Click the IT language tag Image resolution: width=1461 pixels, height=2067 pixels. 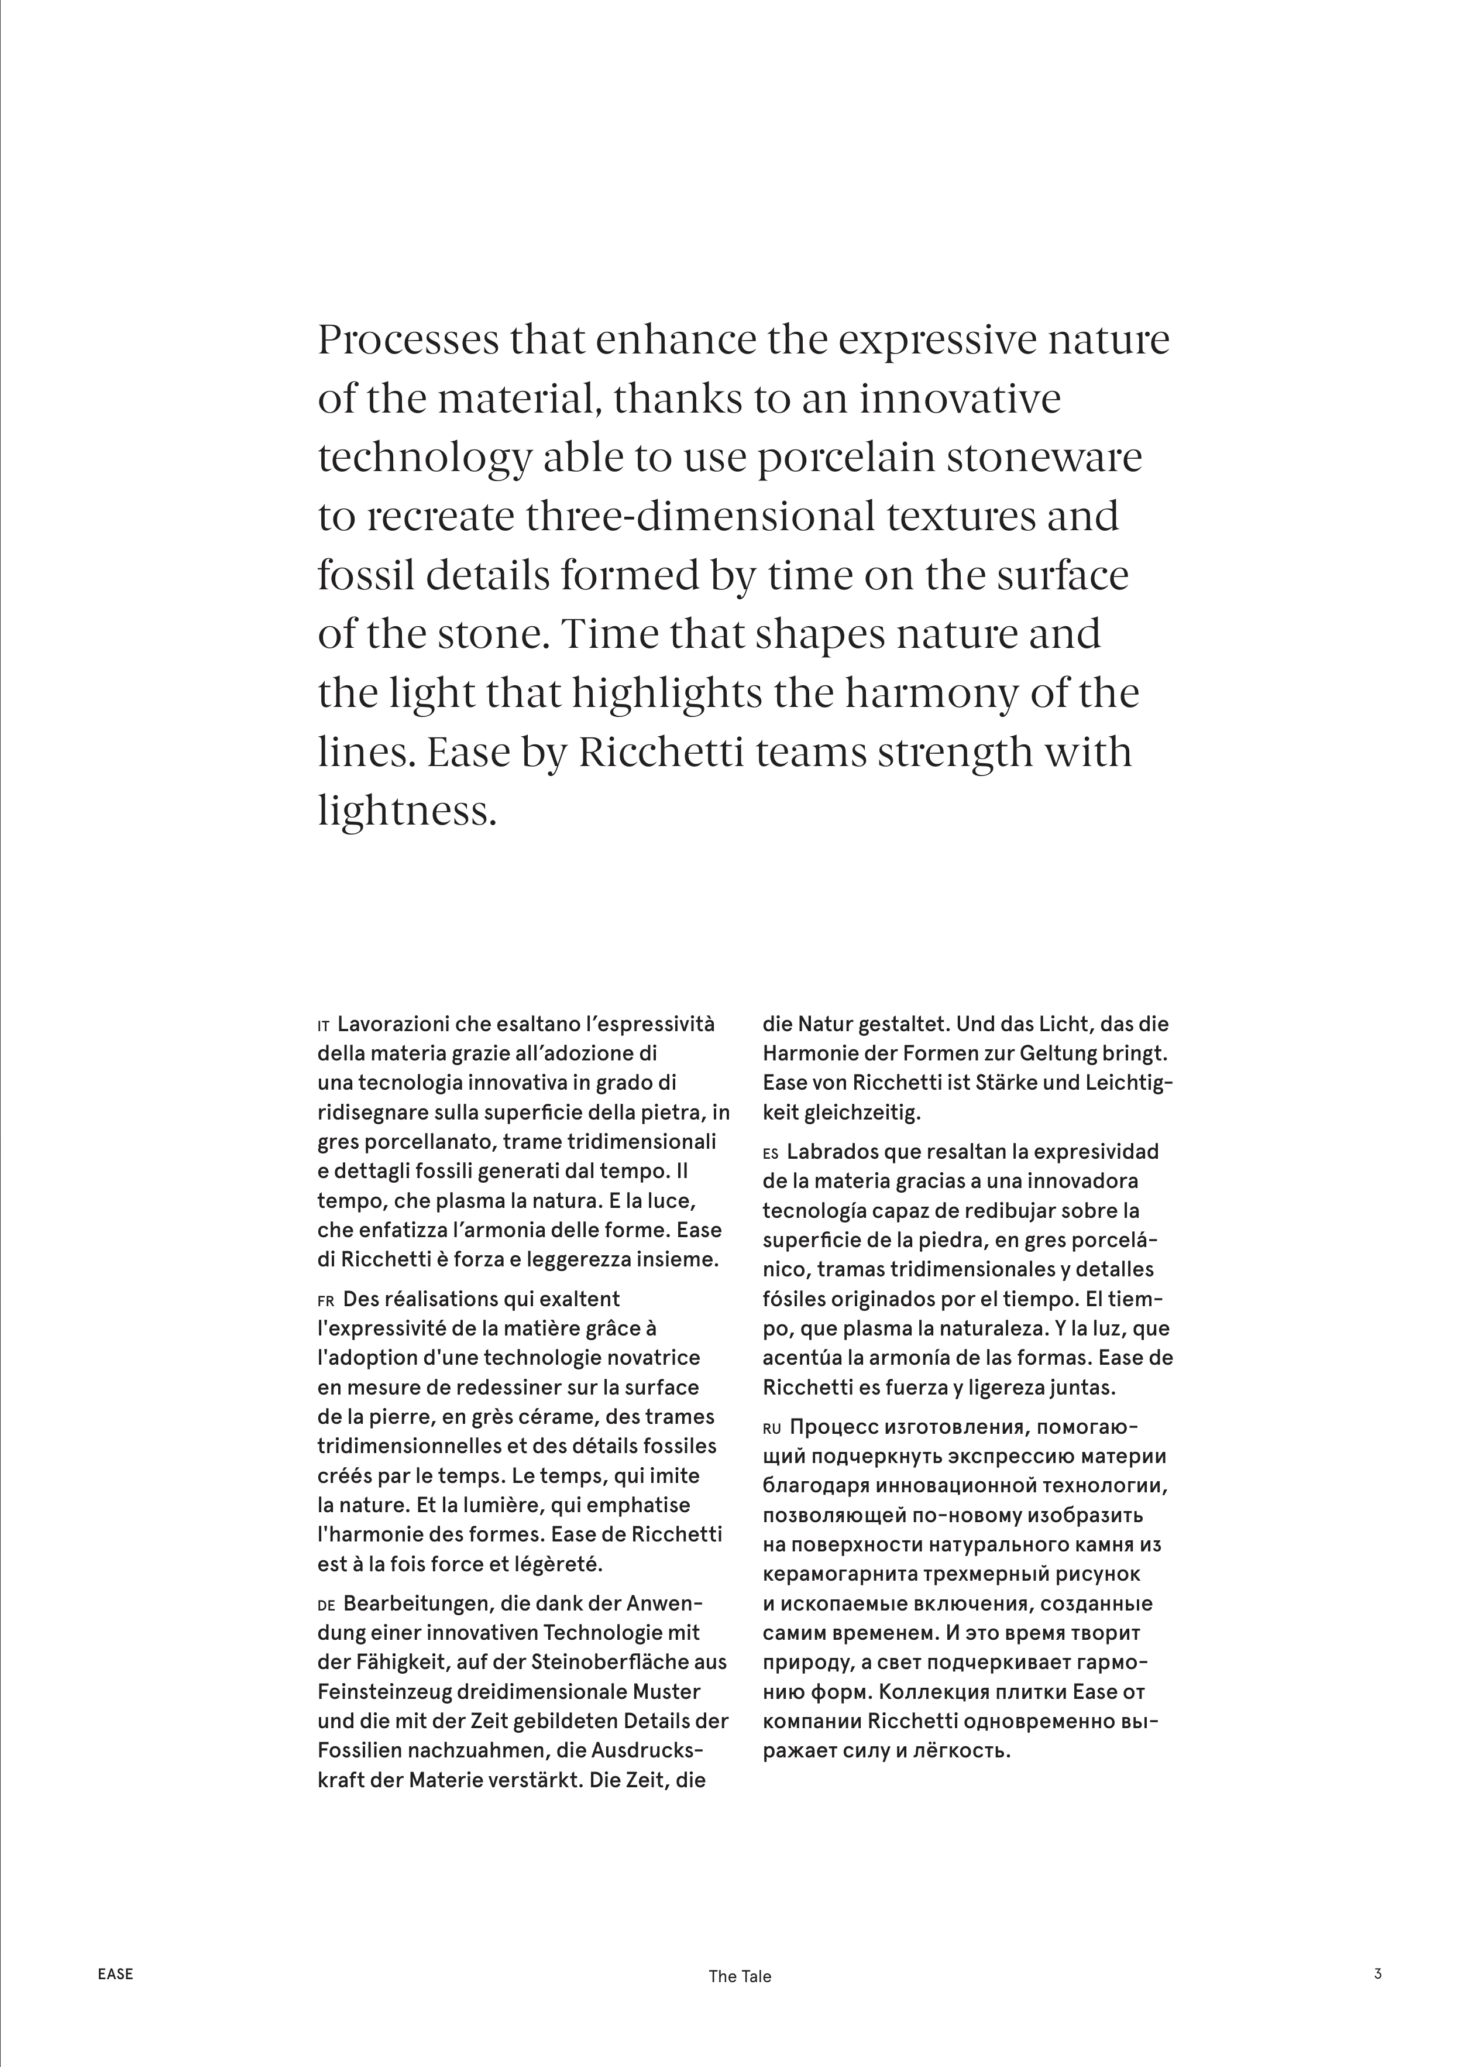(x=324, y=1026)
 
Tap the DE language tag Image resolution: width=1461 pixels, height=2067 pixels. (x=326, y=1605)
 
